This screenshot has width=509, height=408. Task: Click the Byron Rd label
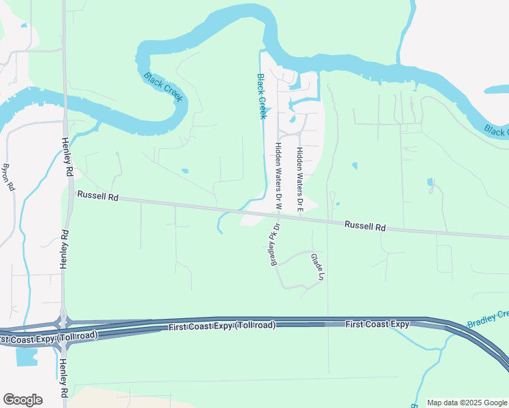click(x=9, y=177)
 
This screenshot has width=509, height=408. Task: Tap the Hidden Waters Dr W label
click(x=278, y=175)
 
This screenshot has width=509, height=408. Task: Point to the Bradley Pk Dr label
click(x=276, y=245)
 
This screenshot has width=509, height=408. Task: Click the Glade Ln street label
click(x=316, y=267)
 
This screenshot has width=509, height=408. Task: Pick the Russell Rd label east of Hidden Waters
click(x=365, y=226)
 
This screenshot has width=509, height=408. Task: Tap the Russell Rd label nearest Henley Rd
click(x=98, y=197)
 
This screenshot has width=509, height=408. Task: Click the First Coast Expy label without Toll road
click(x=377, y=324)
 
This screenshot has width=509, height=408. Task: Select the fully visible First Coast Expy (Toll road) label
click(x=222, y=327)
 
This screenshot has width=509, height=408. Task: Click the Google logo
click(x=22, y=400)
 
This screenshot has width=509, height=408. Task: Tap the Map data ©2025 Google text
click(x=467, y=403)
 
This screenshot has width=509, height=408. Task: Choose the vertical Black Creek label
click(x=261, y=96)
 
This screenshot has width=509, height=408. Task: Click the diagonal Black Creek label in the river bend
click(x=163, y=87)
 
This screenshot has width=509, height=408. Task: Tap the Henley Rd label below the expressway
click(x=63, y=378)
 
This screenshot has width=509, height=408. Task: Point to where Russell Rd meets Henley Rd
click(x=67, y=192)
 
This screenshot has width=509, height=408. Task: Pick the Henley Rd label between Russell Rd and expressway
click(x=65, y=250)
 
